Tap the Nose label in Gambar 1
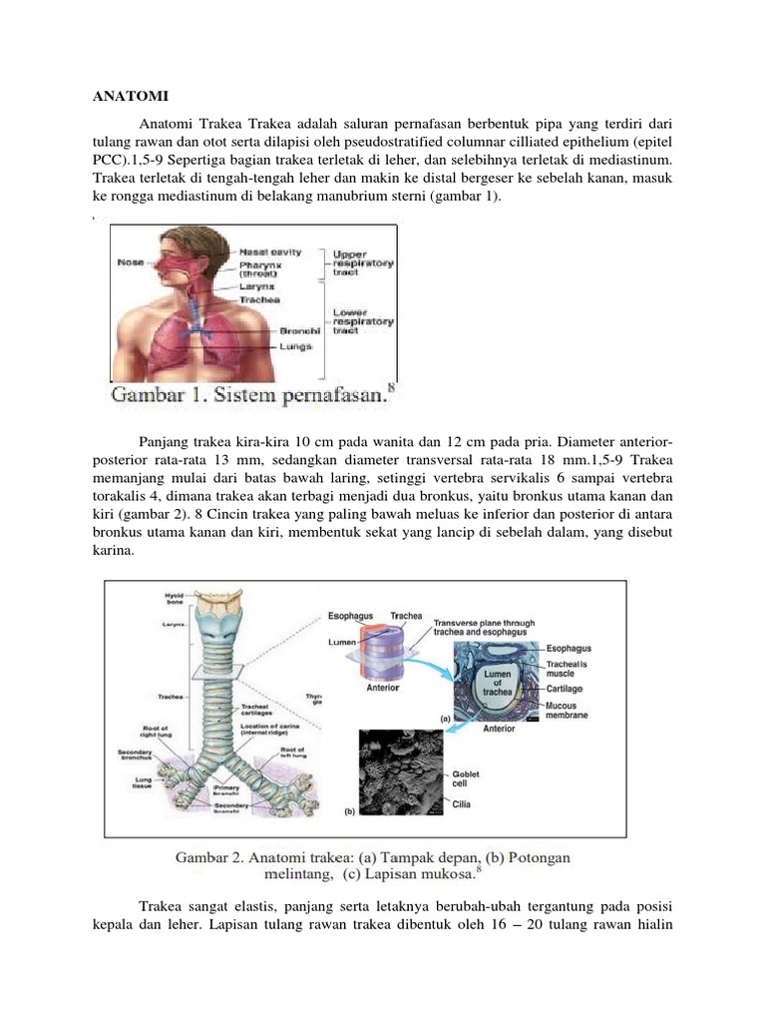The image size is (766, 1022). click(x=131, y=262)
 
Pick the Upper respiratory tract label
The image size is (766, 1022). click(x=363, y=263)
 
